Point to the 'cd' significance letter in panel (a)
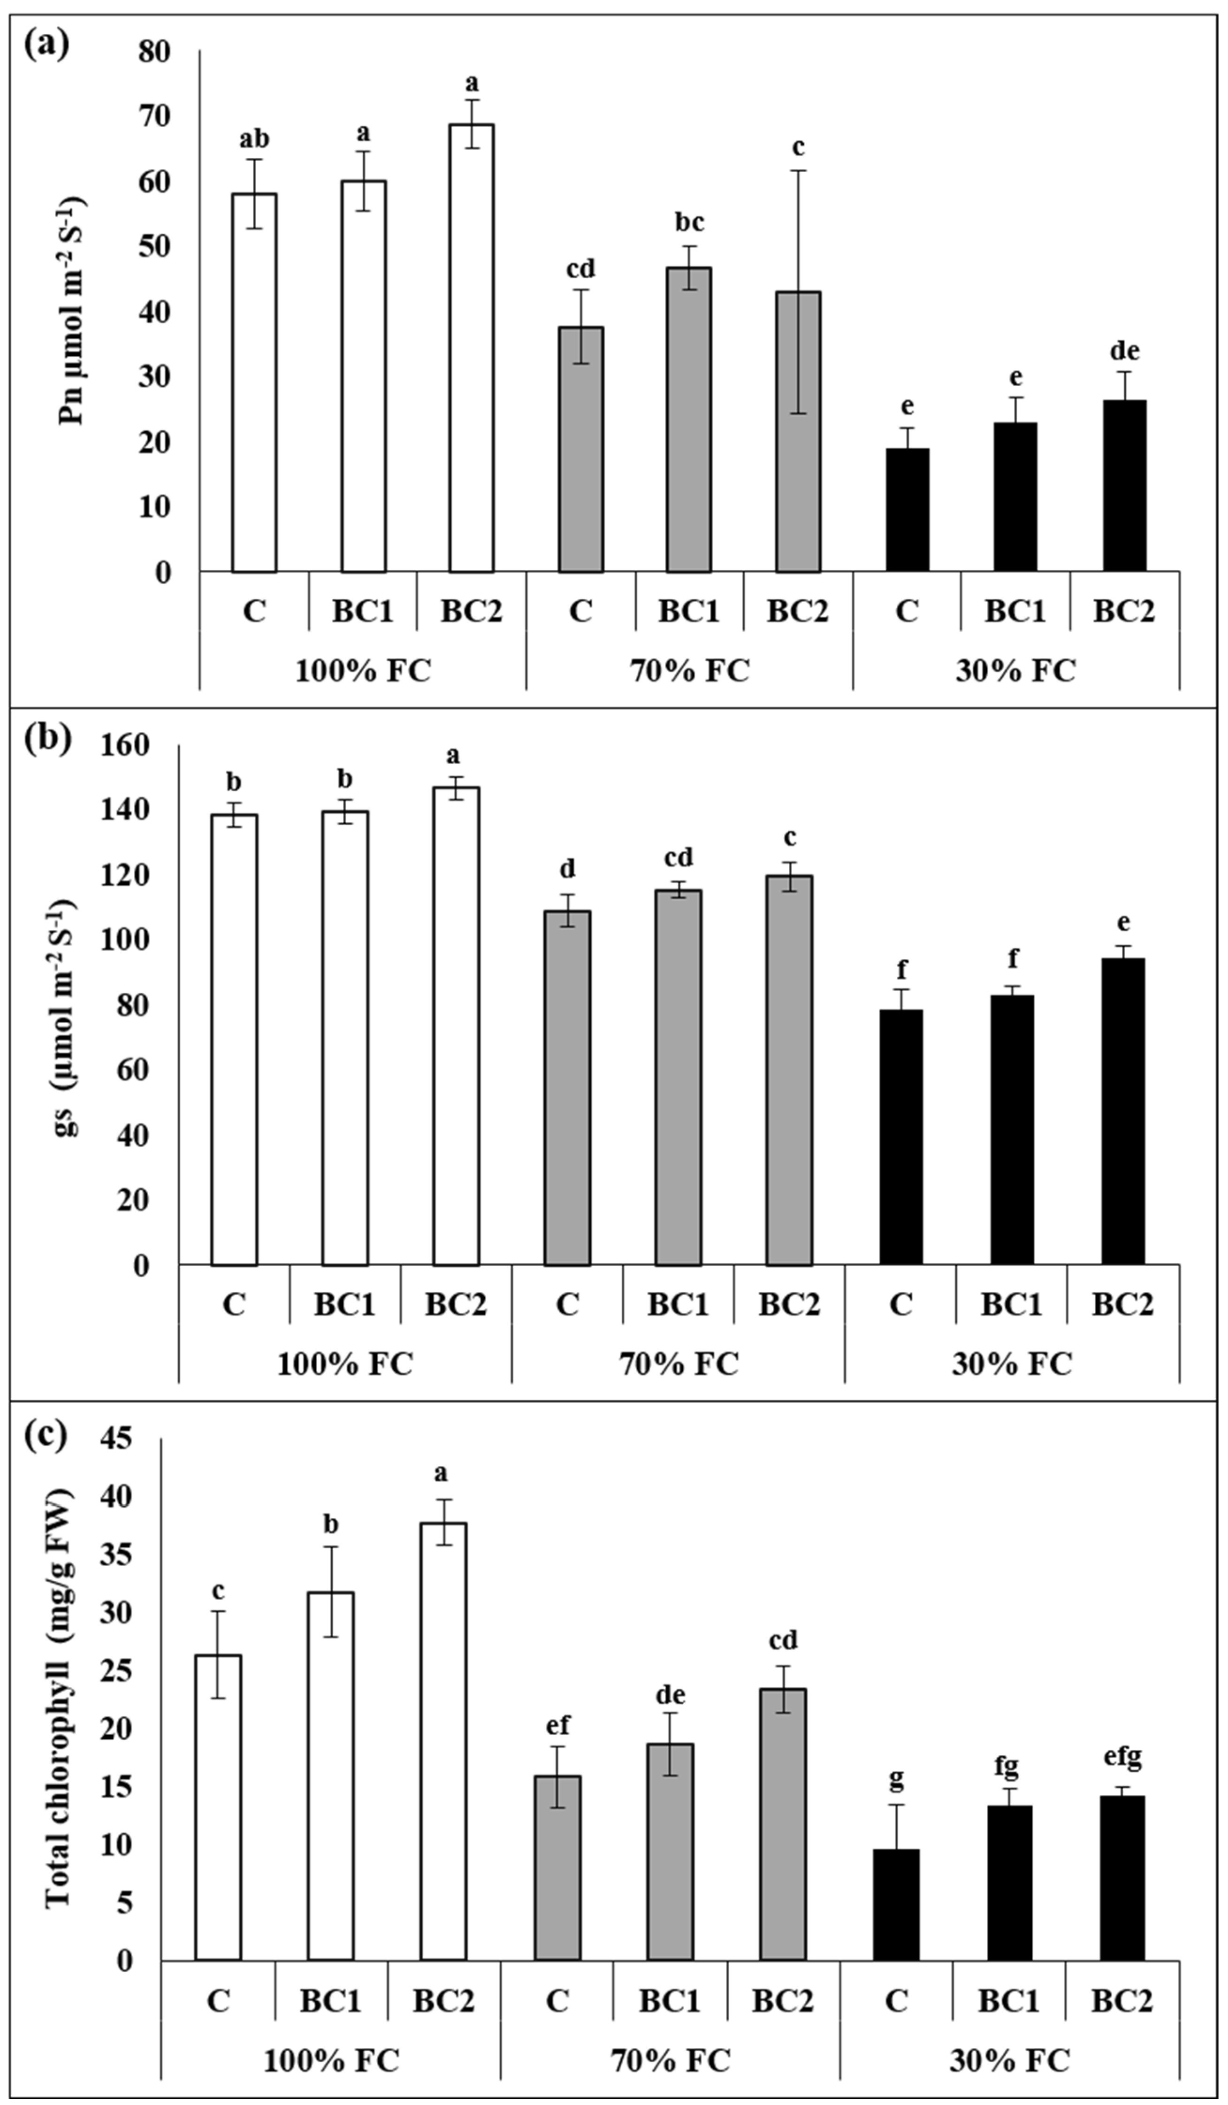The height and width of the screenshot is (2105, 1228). (580, 269)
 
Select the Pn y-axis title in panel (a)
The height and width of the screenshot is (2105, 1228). (74, 311)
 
